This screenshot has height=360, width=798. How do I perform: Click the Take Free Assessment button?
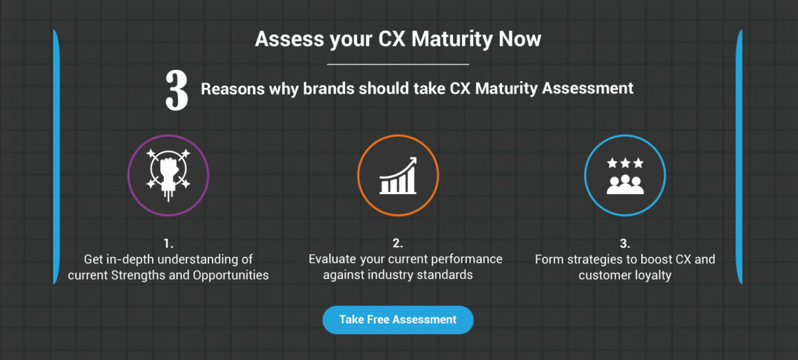click(398, 319)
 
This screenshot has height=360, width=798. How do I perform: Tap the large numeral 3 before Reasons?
click(176, 90)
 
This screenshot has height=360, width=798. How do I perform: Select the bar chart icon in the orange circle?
click(398, 176)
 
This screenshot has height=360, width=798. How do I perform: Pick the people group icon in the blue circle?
click(624, 184)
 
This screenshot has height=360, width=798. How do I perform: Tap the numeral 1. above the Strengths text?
click(168, 244)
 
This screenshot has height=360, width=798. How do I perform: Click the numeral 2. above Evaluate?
click(398, 244)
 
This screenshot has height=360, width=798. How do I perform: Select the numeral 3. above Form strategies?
click(624, 244)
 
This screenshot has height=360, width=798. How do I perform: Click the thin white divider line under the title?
click(398, 64)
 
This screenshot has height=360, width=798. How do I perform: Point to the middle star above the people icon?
click(624, 163)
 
